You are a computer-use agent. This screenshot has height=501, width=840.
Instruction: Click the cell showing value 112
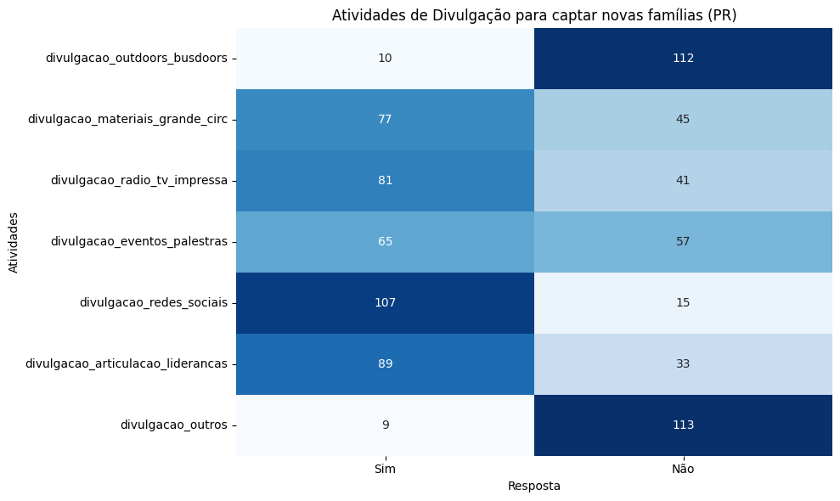(683, 59)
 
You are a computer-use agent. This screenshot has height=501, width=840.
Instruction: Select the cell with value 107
(386, 303)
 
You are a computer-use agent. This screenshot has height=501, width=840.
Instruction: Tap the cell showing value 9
(386, 425)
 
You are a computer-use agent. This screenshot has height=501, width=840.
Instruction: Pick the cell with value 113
(683, 425)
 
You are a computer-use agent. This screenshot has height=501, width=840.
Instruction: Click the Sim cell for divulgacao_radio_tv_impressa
(386, 181)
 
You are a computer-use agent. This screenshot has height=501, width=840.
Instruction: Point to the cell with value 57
(683, 242)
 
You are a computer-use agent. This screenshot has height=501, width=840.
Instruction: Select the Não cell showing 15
(683, 303)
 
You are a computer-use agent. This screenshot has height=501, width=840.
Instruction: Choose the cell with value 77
(386, 120)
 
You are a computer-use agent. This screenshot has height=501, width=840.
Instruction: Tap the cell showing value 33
(683, 364)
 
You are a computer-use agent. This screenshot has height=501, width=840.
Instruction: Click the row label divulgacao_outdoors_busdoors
(136, 59)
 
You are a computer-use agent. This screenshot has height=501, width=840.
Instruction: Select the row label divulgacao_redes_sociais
(153, 303)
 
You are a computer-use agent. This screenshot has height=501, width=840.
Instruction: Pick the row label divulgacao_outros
(173, 425)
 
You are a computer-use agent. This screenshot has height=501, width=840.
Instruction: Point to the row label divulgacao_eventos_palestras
(138, 242)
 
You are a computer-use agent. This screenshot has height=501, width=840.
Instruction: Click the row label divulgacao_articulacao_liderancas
(126, 364)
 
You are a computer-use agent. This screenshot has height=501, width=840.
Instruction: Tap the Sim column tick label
(386, 469)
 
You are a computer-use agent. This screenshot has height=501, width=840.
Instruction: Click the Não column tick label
(683, 469)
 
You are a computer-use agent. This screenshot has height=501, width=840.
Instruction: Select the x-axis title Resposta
(533, 487)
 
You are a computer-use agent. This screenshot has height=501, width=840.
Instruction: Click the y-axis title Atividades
(14, 242)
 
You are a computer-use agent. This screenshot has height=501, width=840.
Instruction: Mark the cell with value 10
(386, 59)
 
